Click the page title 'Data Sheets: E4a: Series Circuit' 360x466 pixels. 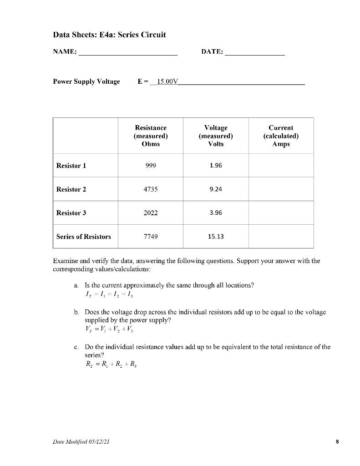point(109,35)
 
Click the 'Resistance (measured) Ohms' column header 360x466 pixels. point(151,136)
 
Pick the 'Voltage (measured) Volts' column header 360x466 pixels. point(216,136)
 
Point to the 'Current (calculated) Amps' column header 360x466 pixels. point(281,136)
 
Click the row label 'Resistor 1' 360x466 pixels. point(71,166)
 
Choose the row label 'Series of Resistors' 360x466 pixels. point(83,237)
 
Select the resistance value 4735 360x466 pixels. point(151,189)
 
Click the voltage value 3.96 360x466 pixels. point(216,213)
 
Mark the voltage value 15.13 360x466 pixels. point(216,237)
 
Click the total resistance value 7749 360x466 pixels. point(151,237)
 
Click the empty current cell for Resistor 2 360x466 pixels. point(281,189)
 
